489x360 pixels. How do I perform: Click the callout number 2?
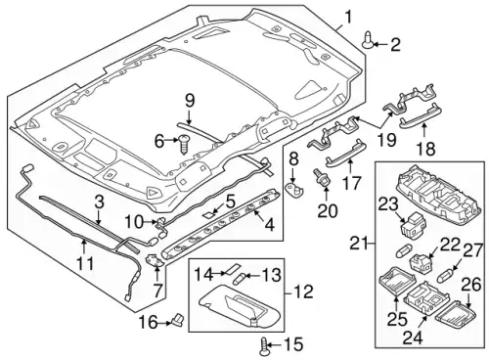point(395,44)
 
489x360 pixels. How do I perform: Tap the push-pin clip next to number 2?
point(369,40)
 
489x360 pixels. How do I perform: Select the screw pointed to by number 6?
point(184,145)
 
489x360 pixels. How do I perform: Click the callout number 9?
point(189,101)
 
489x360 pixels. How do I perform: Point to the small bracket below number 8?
point(293,188)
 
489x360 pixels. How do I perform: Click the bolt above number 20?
point(319,176)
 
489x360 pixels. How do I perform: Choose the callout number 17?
point(351,183)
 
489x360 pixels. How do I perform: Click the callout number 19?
point(386,140)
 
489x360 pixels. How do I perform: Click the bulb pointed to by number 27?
point(445,277)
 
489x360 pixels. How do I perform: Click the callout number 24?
point(412,337)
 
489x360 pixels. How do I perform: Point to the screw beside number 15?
point(265,346)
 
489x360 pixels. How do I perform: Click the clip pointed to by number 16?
point(178,320)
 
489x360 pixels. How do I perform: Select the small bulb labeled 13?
point(239,279)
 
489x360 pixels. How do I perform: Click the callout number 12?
point(304,292)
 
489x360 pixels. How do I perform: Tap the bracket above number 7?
point(155,260)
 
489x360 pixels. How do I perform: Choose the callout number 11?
point(85,263)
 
